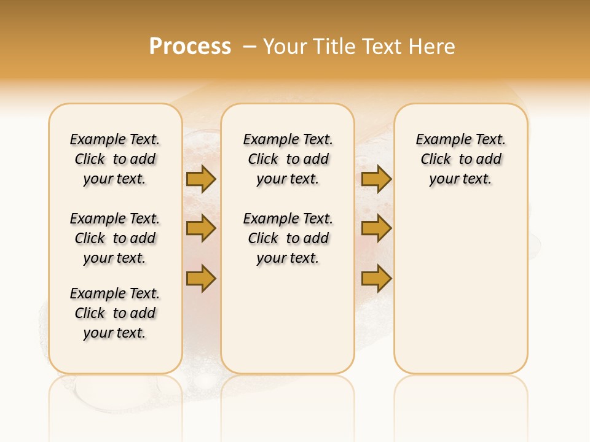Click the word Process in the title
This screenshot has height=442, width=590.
coord(190,47)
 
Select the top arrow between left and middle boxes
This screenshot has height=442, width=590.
coord(201,179)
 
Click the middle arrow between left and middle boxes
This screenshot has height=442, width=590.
coord(201,228)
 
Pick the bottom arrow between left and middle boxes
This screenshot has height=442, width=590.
coord(201,279)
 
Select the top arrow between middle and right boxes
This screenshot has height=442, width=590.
coord(376,179)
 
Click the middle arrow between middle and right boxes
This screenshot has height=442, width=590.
coord(376,228)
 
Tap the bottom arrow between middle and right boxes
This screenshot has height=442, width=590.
coord(376,279)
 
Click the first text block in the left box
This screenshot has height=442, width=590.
coord(115,159)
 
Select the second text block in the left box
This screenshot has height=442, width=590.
coord(115,238)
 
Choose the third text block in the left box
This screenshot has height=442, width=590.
coord(115,313)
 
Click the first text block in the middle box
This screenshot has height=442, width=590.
coord(288,159)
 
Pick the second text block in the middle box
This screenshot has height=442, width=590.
coord(288,238)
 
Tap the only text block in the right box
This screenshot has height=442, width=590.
coord(460,159)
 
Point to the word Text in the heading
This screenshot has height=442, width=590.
coord(382,47)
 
